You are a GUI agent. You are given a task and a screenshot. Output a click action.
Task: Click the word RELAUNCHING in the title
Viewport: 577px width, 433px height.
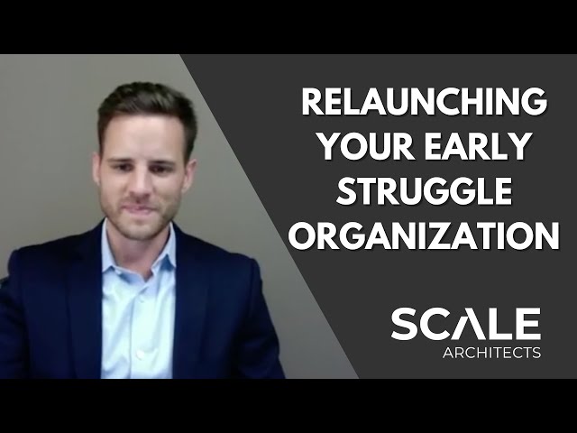click(423, 102)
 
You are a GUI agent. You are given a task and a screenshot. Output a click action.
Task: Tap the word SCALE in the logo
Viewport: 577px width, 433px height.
click(465, 324)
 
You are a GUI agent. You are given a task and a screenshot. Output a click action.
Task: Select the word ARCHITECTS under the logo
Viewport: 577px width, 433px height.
click(492, 352)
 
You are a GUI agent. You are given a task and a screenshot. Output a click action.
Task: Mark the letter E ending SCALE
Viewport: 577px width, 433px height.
click(527, 324)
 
